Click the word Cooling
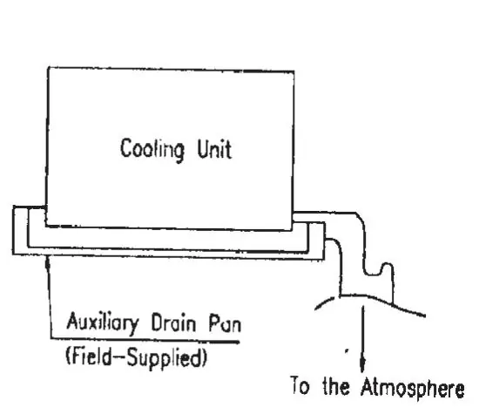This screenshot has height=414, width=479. click(x=152, y=150)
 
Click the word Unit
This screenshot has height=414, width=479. click(x=214, y=149)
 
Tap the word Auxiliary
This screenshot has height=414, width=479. click(x=103, y=322)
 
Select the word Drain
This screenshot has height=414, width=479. click(x=173, y=322)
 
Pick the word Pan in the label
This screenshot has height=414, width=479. click(x=225, y=323)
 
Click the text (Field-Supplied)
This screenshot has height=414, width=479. click(x=136, y=357)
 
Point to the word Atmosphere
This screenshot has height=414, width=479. click(x=413, y=388)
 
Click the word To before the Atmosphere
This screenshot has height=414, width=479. click(x=300, y=385)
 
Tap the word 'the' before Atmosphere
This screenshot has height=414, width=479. click(x=336, y=386)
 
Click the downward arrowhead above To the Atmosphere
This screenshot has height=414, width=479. click(x=362, y=364)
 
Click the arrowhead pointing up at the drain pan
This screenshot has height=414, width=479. click(x=47, y=262)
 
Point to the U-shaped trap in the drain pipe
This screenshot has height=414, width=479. click(x=378, y=269)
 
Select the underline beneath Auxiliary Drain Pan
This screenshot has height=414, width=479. click(x=145, y=340)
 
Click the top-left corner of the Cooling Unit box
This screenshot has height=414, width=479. click(x=48, y=68)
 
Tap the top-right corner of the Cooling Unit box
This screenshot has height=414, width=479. click(x=293, y=71)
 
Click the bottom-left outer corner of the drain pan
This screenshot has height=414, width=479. click(x=13, y=255)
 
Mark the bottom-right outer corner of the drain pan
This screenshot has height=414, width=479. click(x=324, y=260)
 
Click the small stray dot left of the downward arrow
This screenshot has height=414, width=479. click(x=346, y=350)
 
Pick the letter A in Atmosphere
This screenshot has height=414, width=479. click(x=368, y=386)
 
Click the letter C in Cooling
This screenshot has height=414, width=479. click(x=126, y=147)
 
